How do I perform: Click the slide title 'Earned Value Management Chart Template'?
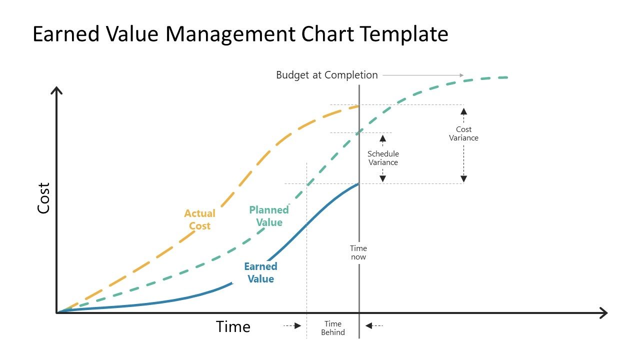coord(240,34)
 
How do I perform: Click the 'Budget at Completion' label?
coord(327,75)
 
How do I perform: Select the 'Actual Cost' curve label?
coord(199,219)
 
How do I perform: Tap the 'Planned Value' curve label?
coord(269,216)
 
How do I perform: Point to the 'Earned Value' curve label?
coord(260,272)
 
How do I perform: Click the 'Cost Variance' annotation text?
coord(463,133)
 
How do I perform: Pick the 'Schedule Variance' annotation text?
coord(383,158)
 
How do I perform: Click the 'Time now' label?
coord(358,252)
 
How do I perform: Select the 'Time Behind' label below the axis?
coord(333,328)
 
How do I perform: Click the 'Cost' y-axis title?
coord(44,198)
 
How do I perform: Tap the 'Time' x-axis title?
coord(233,326)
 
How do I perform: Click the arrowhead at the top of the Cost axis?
coord(57,90)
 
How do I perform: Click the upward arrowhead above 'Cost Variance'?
coord(463,111)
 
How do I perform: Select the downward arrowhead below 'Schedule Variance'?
coord(383,177)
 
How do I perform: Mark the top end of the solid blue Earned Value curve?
coord(358,184)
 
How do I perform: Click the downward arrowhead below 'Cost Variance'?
coord(463,177)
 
